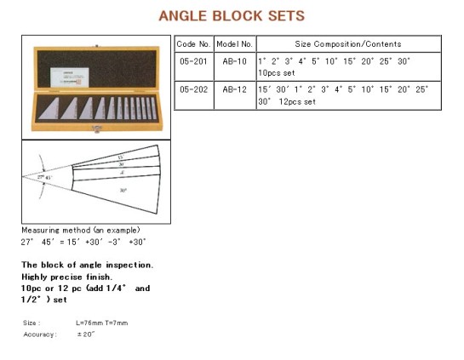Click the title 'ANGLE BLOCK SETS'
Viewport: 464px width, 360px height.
click(x=232, y=15)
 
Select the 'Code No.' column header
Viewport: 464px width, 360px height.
click(x=192, y=44)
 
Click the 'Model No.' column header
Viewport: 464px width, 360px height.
click(x=233, y=44)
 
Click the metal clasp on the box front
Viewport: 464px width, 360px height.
click(x=95, y=129)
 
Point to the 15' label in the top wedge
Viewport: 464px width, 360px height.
click(x=119, y=157)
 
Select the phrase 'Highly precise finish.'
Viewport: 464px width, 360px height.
click(x=65, y=277)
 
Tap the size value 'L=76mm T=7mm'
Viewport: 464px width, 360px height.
click(x=101, y=323)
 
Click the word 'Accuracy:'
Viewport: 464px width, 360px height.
click(x=41, y=334)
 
